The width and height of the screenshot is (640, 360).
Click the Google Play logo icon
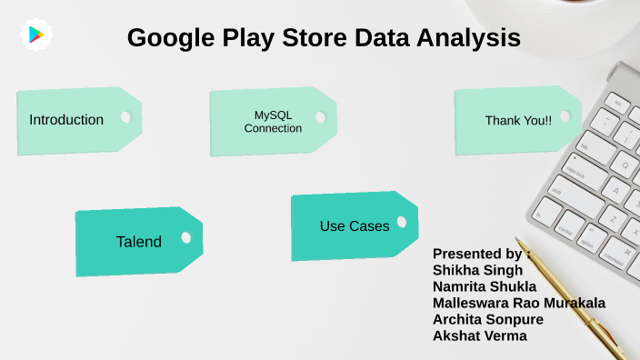[x=36, y=35]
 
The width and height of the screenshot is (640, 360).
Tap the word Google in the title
[x=173, y=38]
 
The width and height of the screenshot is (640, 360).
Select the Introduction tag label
[x=66, y=120]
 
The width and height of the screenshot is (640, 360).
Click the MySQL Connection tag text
[x=273, y=122]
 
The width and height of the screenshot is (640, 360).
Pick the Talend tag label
[x=139, y=242]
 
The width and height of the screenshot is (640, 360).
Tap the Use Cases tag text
[x=355, y=225]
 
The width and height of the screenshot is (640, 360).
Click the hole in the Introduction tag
[x=126, y=116]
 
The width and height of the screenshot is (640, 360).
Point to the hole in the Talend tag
[x=186, y=237]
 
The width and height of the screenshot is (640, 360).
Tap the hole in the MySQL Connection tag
[x=319, y=117]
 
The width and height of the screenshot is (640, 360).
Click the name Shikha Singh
[x=477, y=270]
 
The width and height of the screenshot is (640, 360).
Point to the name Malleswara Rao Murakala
[x=519, y=303]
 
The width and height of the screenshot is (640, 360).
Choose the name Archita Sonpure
[x=487, y=319]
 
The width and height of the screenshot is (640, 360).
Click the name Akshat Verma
[x=479, y=335]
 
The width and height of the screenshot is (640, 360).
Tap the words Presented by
[x=477, y=254]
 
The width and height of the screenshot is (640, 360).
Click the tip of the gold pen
[x=529, y=244]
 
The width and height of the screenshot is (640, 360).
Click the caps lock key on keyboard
[x=575, y=170]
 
